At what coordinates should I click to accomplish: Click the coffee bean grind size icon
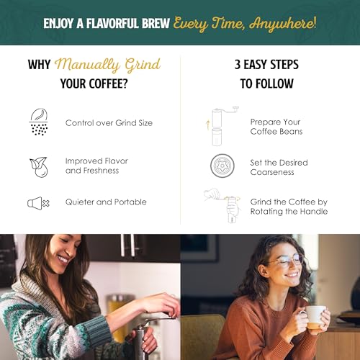click(x=38, y=122)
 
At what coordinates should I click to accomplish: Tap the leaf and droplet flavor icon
click(x=38, y=166)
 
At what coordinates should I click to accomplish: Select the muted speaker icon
click(x=38, y=203)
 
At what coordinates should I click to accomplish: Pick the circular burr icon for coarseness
click(x=220, y=166)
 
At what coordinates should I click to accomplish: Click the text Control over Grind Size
click(x=109, y=123)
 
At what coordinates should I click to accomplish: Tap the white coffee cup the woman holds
click(x=314, y=315)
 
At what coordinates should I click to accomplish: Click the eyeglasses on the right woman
click(x=287, y=261)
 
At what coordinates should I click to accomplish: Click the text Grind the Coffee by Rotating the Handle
click(x=288, y=207)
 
